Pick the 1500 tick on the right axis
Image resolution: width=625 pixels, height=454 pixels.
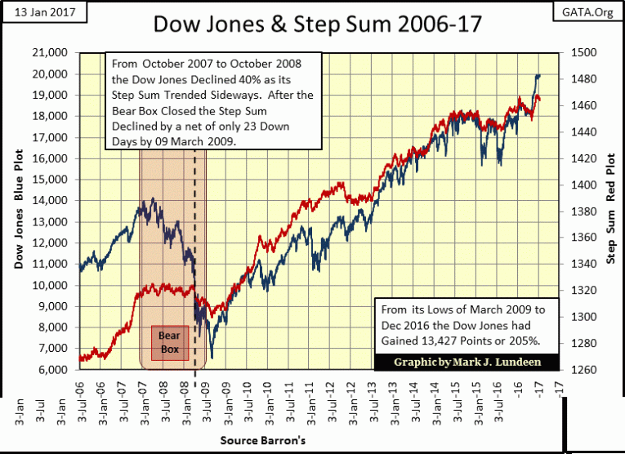pyautogui.click(x=585, y=53)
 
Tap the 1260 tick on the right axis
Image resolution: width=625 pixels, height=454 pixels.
pyautogui.click(x=585, y=370)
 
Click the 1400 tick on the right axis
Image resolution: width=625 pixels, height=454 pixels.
pyautogui.click(x=585, y=185)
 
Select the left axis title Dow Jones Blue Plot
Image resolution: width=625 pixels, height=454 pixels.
pyautogui.click(x=18, y=211)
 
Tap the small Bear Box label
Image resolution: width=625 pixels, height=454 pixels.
pyautogui.click(x=168, y=342)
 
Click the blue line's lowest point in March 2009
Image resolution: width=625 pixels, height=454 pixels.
pyautogui.click(x=212, y=358)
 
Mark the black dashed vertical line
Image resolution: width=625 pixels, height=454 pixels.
pyautogui.click(x=195, y=245)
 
